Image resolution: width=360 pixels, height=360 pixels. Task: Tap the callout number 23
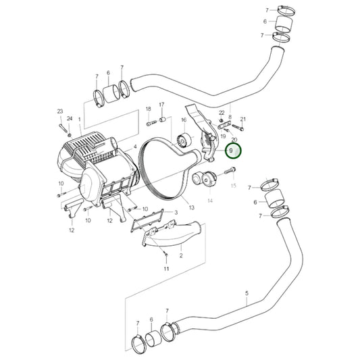pos(59,111)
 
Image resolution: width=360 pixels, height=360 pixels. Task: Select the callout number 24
pos(70,119)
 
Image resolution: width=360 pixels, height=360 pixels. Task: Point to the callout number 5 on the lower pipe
pos(247,294)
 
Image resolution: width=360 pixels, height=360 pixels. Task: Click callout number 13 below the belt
pos(191,208)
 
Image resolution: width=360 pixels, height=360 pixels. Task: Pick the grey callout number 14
pos(209,201)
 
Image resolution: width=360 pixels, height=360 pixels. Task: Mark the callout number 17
pos(161,105)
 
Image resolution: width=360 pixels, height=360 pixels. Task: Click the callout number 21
pos(243,119)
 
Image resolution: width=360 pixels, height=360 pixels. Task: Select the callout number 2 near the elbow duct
pos(181,257)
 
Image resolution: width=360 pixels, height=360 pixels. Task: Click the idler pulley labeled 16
pos(181,143)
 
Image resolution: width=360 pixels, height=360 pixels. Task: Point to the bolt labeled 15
pos(231,169)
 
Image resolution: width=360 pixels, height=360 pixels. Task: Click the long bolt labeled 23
pos(61,126)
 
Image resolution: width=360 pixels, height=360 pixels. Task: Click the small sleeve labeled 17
pos(162,120)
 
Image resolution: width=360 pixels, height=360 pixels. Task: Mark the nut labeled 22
pos(221,122)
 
